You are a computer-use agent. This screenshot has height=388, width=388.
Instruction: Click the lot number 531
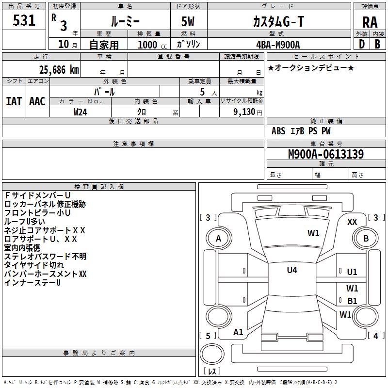[x=24, y=20]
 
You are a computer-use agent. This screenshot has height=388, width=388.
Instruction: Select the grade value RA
[x=369, y=22]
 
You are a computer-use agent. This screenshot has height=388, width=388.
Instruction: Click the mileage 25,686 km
[x=56, y=70]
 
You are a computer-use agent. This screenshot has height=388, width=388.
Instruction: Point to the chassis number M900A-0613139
[x=326, y=155]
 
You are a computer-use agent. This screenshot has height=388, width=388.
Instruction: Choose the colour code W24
[x=81, y=112]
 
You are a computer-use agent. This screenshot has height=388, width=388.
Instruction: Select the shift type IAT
[x=14, y=101]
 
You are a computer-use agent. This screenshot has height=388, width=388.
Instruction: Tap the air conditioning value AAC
[x=37, y=101]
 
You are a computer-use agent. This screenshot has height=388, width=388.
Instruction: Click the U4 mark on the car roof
[x=291, y=270]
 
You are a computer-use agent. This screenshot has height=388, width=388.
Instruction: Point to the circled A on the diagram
[x=218, y=239]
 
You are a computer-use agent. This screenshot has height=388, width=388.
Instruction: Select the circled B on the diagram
[x=366, y=239]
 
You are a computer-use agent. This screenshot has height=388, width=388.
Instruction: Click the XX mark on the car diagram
[x=353, y=222]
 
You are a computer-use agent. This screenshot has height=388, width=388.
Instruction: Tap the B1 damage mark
[x=352, y=301]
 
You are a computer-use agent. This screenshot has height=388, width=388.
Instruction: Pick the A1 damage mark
[x=238, y=332]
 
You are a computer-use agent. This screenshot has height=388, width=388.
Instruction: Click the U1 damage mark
[x=352, y=273]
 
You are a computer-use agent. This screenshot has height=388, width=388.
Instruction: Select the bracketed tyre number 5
[x=208, y=336]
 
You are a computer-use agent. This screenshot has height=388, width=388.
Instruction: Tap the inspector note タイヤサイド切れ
[x=34, y=265]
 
